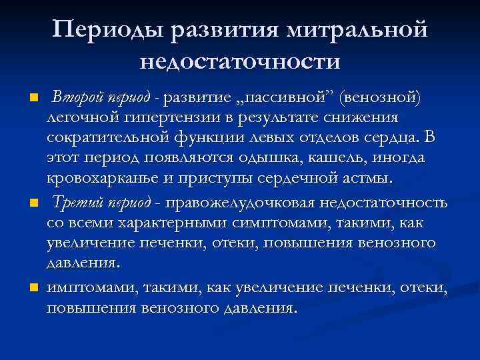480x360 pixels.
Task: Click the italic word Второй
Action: [75, 99]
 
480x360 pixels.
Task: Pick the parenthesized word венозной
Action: [379, 99]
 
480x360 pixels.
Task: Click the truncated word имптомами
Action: [90, 289]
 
